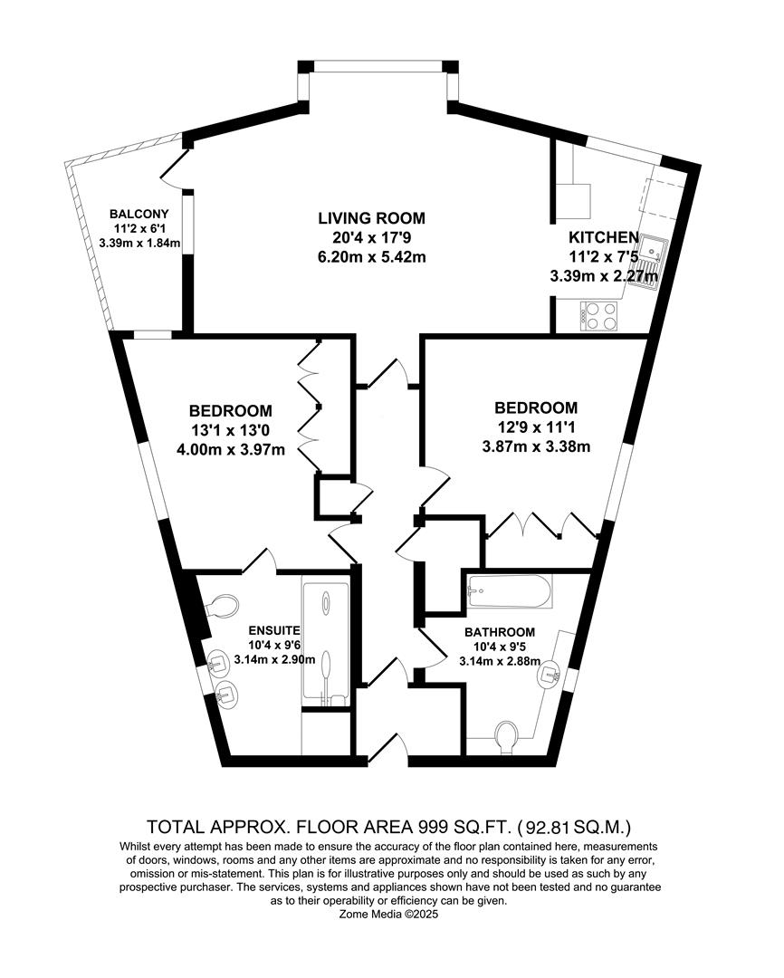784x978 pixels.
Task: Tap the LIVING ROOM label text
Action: point(371,218)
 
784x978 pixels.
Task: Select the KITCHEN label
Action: point(603,237)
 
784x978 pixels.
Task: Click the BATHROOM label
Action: point(500,631)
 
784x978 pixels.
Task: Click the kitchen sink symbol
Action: point(651,261)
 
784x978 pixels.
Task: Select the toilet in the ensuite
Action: point(223,606)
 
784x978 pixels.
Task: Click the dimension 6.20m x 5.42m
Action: point(371,257)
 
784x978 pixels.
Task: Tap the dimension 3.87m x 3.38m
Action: point(536,446)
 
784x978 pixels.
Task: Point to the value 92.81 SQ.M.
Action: point(576,827)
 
